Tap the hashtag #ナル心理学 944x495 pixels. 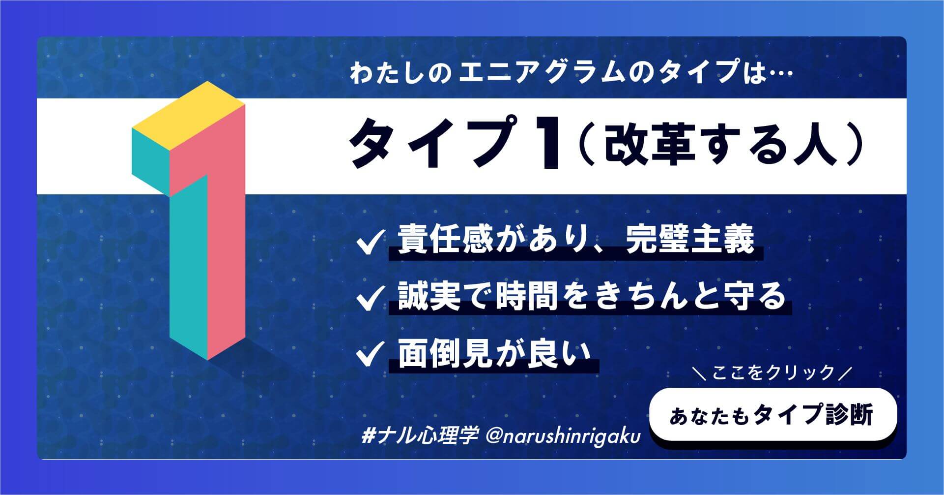click(419, 435)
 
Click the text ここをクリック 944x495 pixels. click(773, 372)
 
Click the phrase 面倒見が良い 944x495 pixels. click(493, 353)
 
